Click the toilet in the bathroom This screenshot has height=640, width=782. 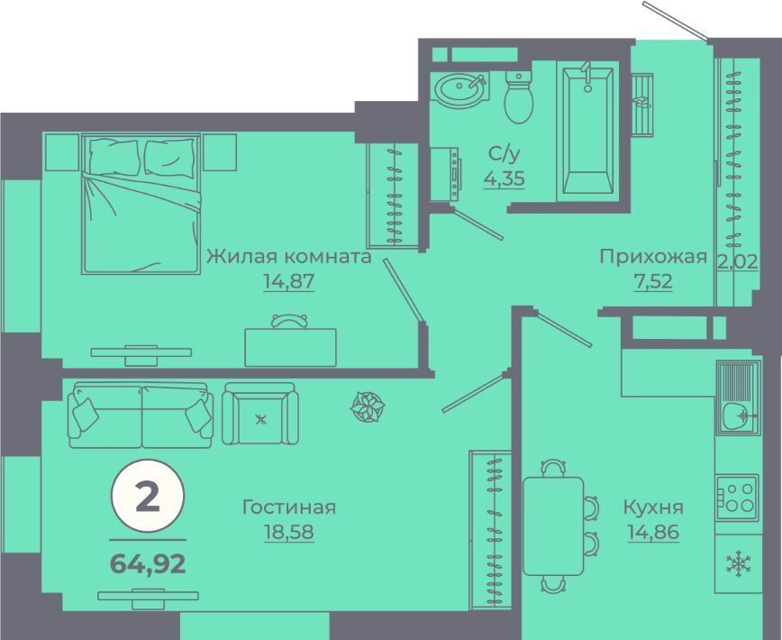(519, 96)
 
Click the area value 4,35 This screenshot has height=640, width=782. (505, 178)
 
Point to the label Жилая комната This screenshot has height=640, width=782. (289, 256)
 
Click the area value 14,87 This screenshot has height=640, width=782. (289, 281)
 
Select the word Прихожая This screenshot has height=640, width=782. (653, 257)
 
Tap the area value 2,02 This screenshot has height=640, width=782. (738, 261)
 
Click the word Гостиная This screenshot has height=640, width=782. (289, 507)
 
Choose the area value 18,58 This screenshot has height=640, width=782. (289, 532)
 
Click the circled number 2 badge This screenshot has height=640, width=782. (148, 497)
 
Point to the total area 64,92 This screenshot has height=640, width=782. (148, 564)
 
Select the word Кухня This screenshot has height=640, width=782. (653, 507)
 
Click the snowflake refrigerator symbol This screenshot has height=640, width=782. (739, 564)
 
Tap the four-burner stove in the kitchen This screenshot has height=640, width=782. (738, 498)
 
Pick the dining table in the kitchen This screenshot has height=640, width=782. (553, 526)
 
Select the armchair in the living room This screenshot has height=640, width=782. (260, 414)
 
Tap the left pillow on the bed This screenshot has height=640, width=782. (114, 156)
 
